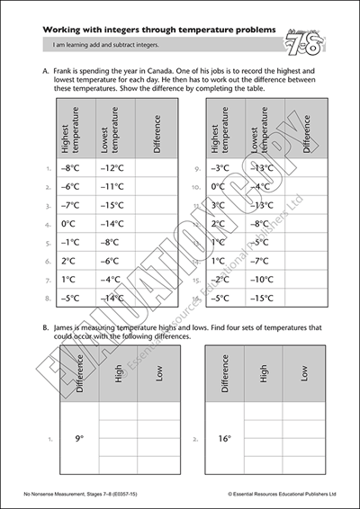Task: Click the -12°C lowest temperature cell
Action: point(111,167)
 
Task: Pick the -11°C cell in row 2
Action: point(111,186)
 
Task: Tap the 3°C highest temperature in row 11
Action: point(218,205)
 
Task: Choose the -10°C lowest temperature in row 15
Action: point(262,279)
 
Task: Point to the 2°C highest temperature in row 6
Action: point(68,261)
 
